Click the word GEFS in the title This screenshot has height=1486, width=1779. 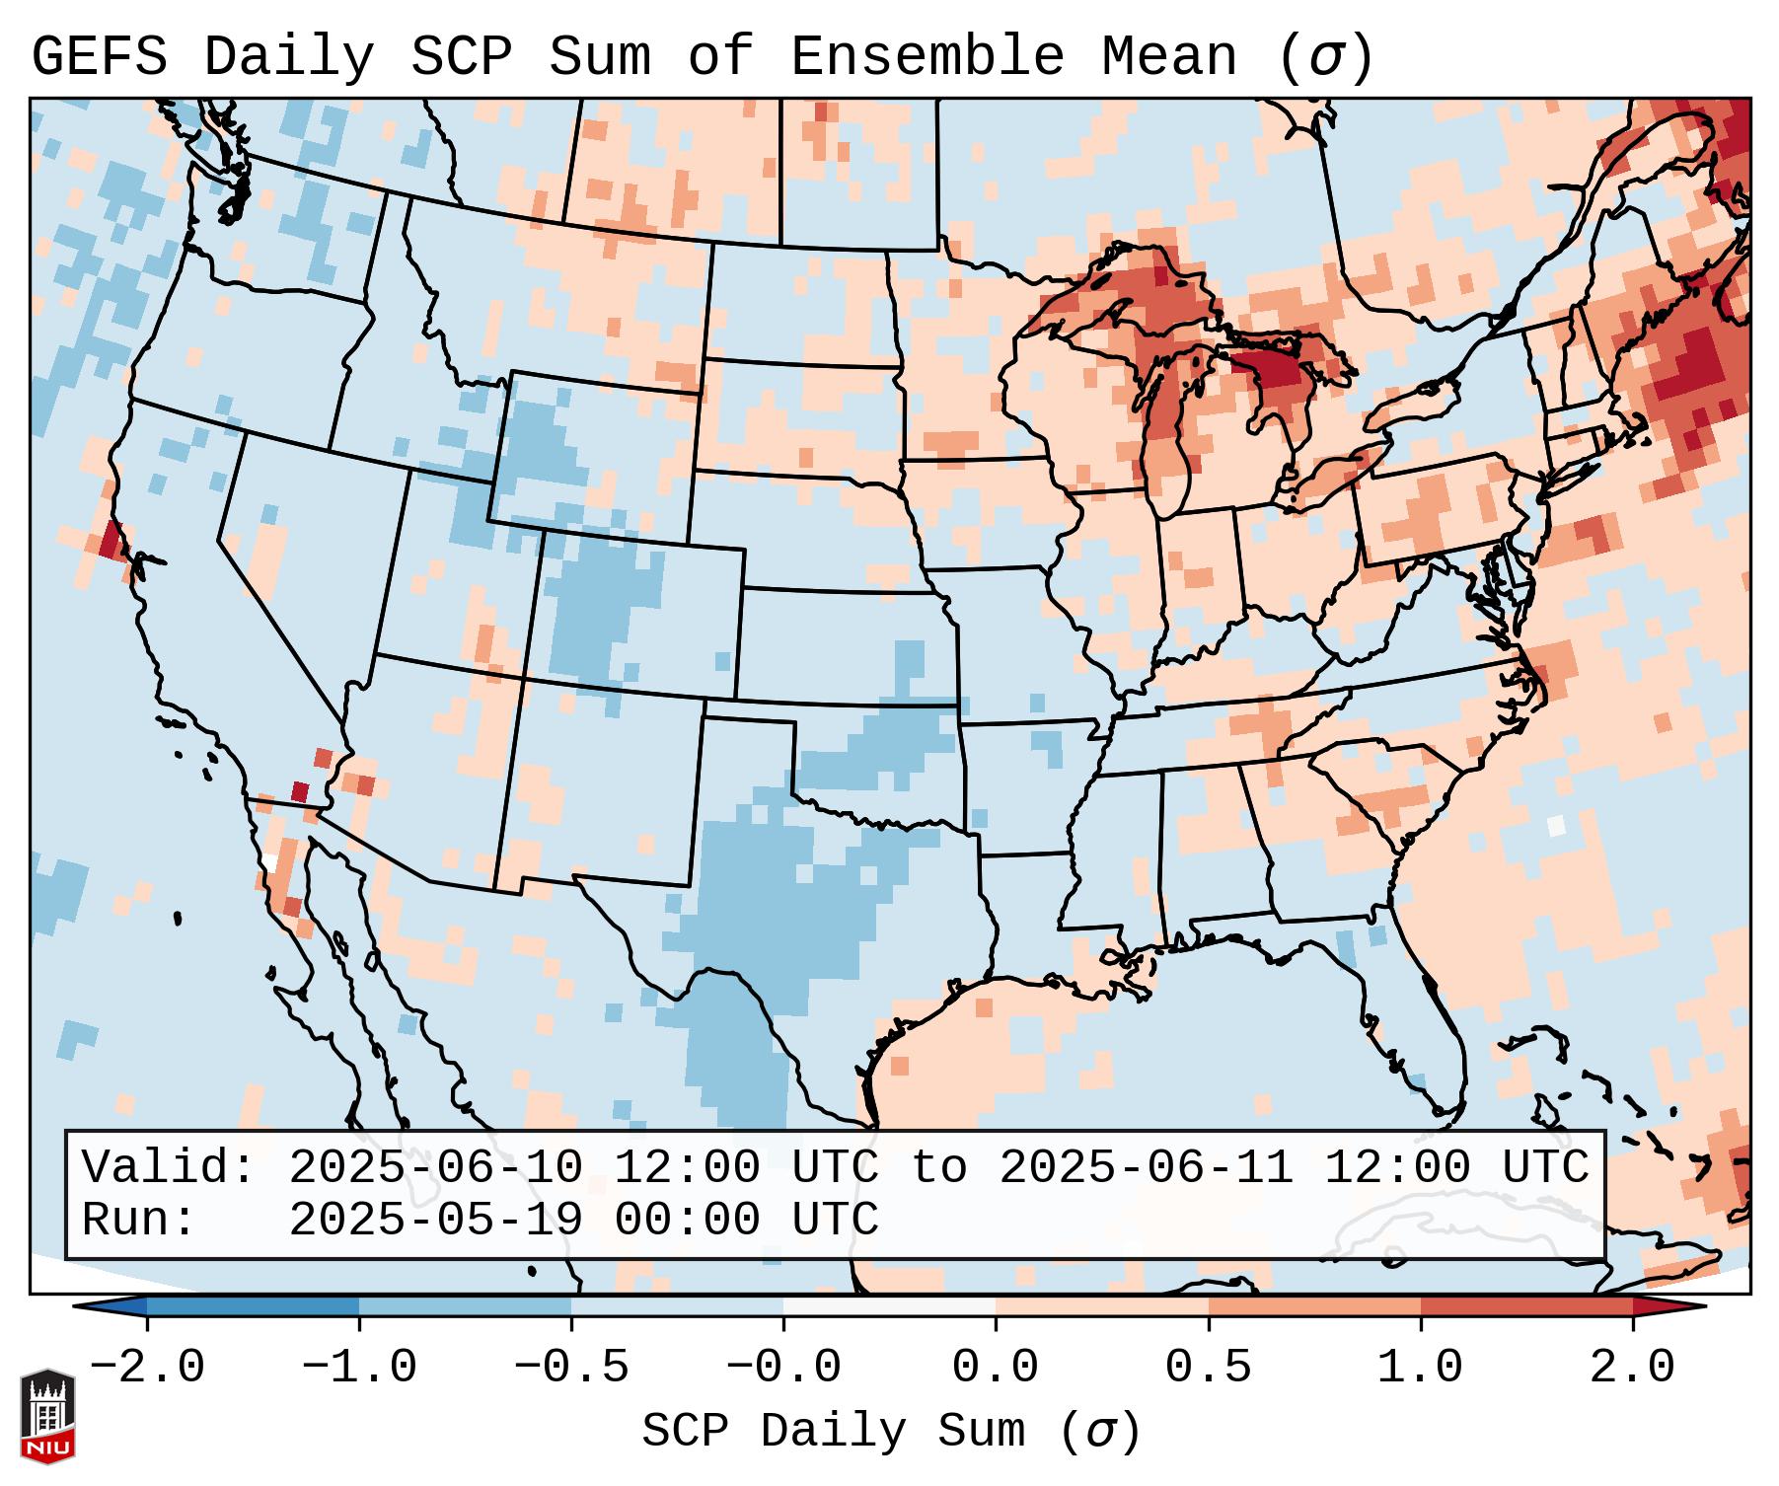tap(99, 57)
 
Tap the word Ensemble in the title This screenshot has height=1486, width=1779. tap(927, 57)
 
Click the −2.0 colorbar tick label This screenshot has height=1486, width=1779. tap(147, 1369)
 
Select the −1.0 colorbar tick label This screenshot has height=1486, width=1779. tap(359, 1369)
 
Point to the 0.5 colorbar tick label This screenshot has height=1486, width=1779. tap(1209, 1369)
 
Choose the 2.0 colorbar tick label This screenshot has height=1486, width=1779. tap(1633, 1369)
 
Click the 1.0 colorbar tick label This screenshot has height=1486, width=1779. tap(1421, 1369)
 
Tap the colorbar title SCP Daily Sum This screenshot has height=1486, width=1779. tap(833, 1432)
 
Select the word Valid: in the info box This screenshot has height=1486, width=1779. tap(169, 1168)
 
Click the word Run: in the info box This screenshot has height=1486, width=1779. tap(139, 1221)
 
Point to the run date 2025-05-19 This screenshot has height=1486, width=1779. tap(435, 1221)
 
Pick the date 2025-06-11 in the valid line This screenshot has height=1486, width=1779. tap(1146, 1168)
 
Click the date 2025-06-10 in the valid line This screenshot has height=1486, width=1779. tap(435, 1168)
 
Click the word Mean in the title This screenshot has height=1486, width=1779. tap(1169, 57)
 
